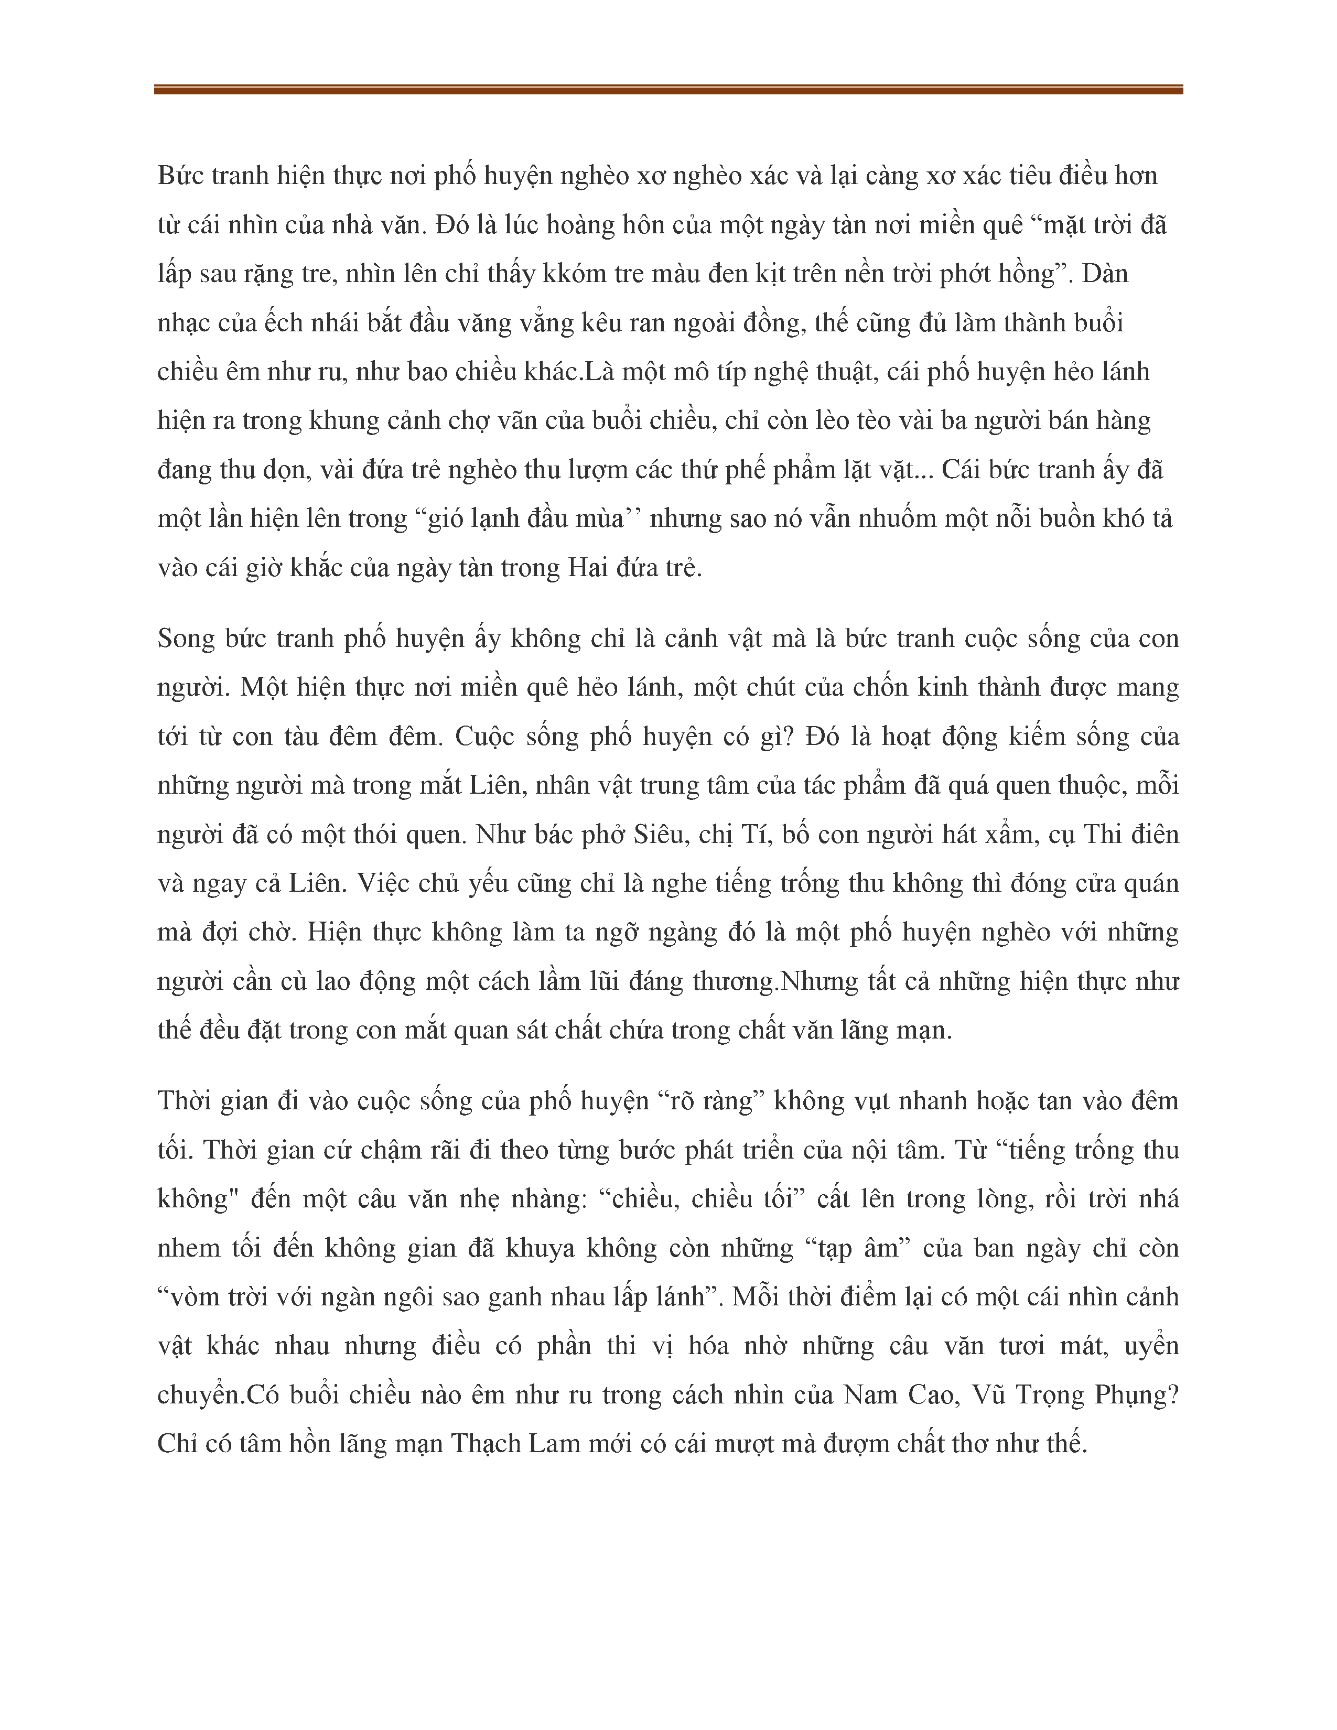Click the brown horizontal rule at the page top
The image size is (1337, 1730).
(667, 90)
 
